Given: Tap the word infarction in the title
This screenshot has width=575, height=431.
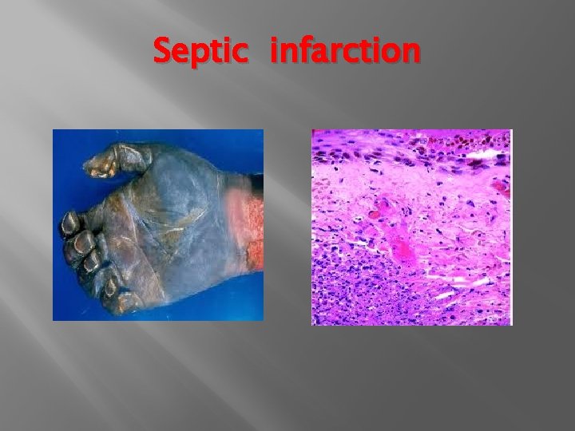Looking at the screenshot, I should pyautogui.click(x=344, y=51).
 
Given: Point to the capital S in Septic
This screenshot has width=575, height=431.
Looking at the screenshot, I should pyautogui.click(x=162, y=51).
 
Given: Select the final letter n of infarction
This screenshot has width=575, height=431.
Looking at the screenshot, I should pyautogui.click(x=410, y=53).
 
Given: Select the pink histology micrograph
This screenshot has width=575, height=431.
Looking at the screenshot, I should pyautogui.click(x=411, y=227).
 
